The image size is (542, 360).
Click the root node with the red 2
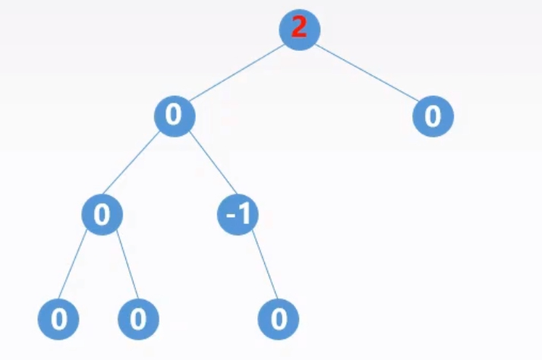[x=299, y=30]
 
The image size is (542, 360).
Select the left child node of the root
[x=175, y=116]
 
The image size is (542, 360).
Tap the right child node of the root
[x=433, y=117]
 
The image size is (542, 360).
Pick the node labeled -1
[x=238, y=216]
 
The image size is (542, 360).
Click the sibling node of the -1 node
[x=102, y=216]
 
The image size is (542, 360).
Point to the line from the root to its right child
[x=366, y=74]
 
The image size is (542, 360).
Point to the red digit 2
[x=299, y=29]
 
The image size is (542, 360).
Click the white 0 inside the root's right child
[x=433, y=117]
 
